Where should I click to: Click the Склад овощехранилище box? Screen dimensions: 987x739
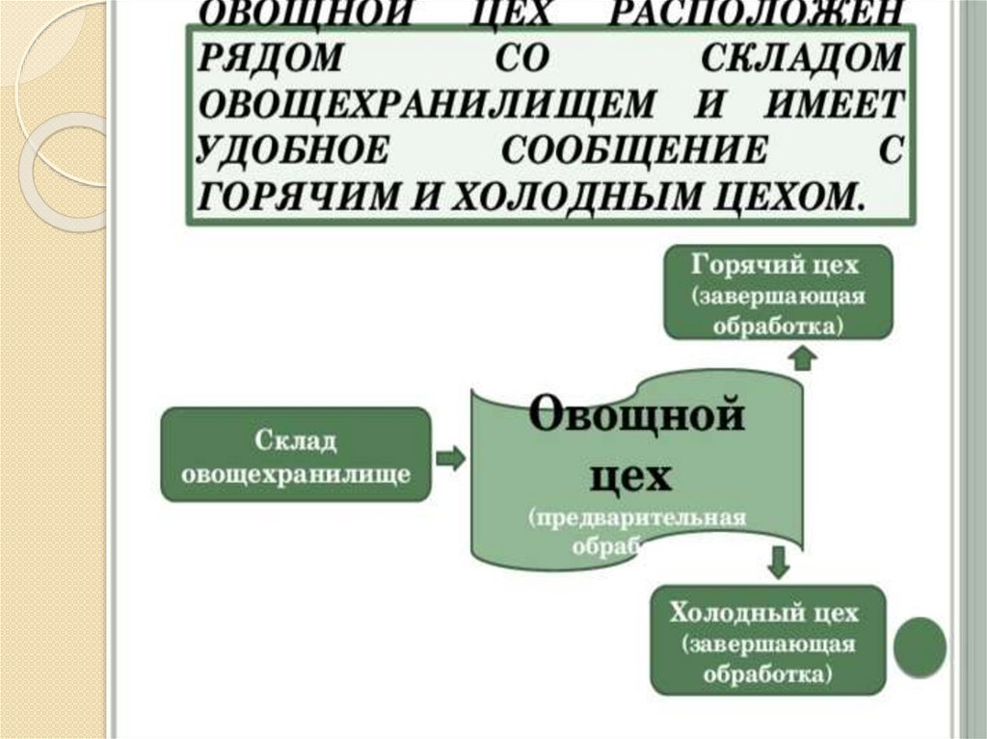tap(295, 455)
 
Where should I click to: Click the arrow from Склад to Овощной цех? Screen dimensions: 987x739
tap(450, 457)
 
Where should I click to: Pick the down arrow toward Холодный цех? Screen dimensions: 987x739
tap(780, 561)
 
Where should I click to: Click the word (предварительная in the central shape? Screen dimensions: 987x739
tap(636, 517)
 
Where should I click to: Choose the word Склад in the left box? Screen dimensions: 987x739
tap(296, 440)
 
